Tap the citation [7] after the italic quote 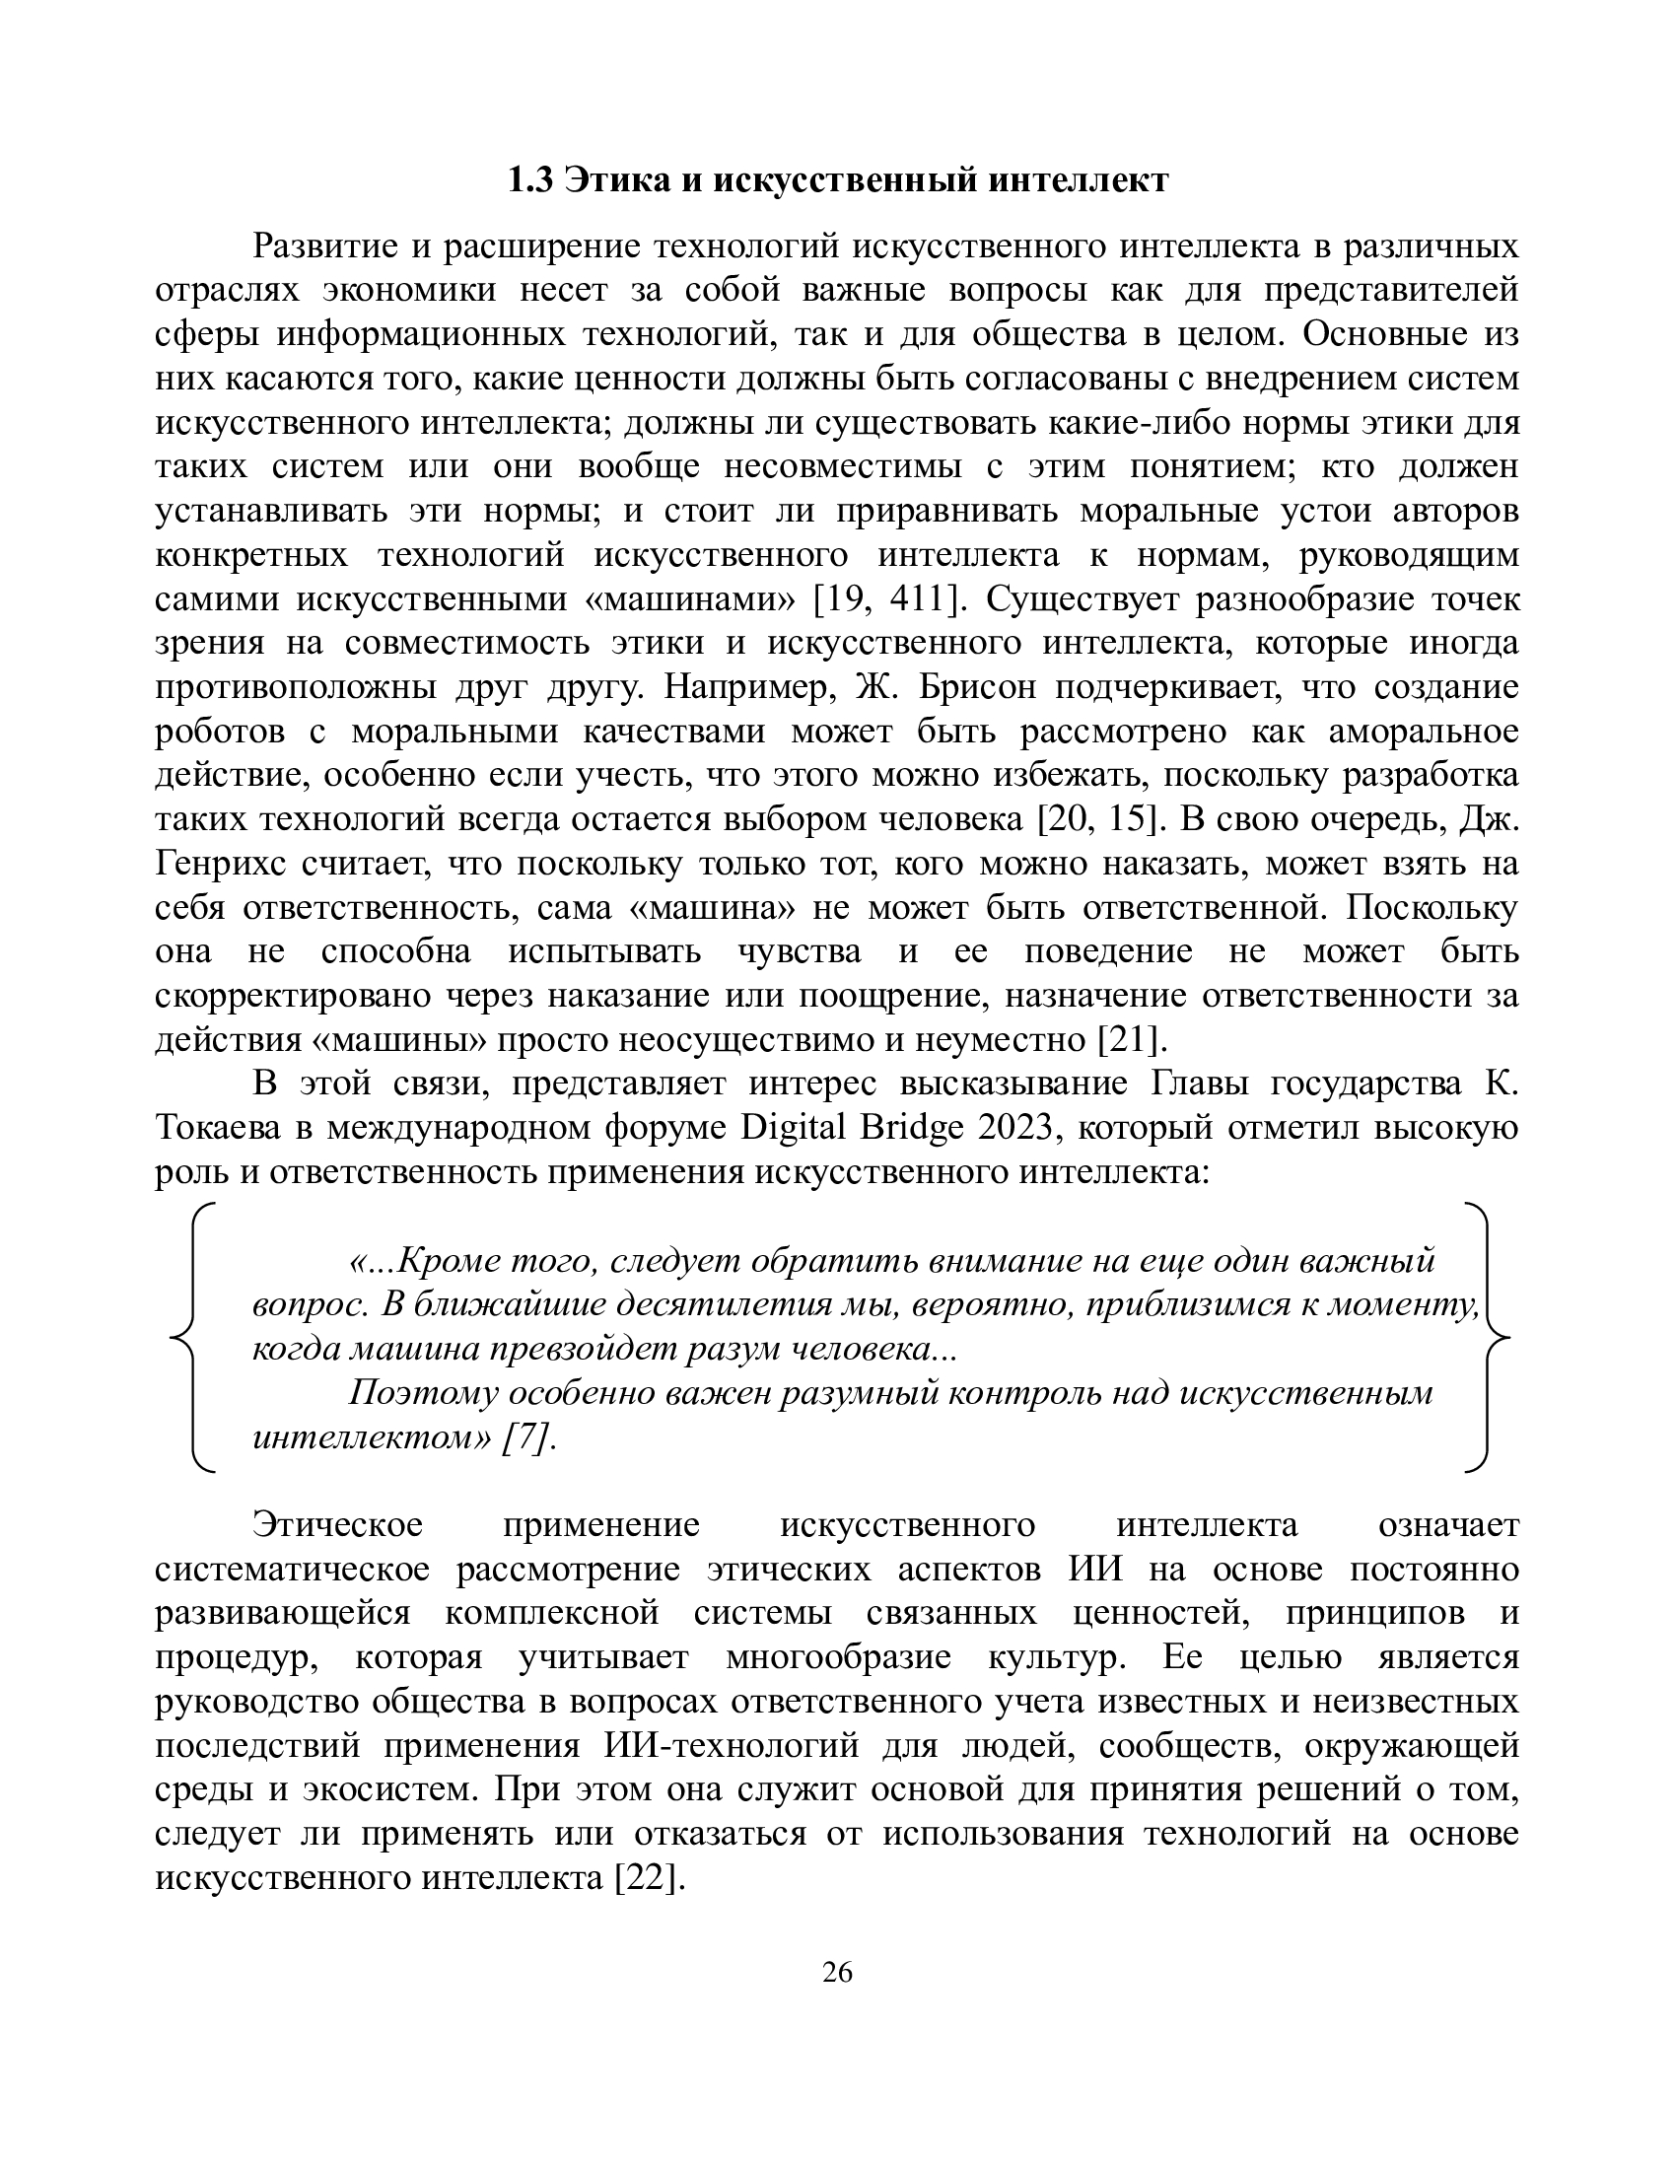tap(526, 1437)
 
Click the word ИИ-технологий tap(730, 1745)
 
